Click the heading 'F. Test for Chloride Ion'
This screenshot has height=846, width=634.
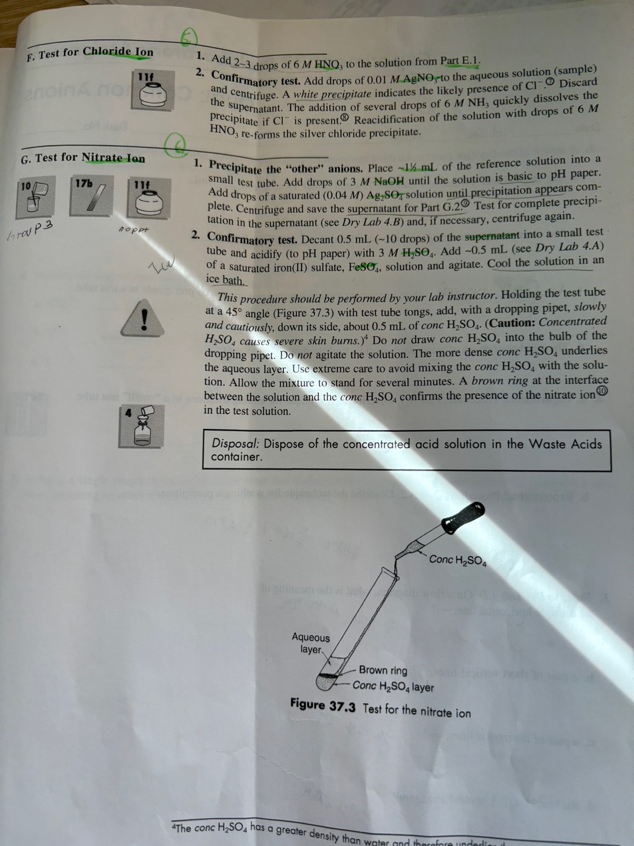pos(90,52)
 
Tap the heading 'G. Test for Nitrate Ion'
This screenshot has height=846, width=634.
pos(83,158)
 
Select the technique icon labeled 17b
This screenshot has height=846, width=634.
pos(91,196)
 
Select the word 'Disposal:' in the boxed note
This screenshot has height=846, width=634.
pos(235,444)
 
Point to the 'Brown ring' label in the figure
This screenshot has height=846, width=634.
pos(383,670)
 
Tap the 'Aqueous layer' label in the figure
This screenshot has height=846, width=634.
pos(311,643)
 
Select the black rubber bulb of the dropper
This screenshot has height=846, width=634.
pos(463,518)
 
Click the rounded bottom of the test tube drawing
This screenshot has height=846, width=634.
pos(325,681)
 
